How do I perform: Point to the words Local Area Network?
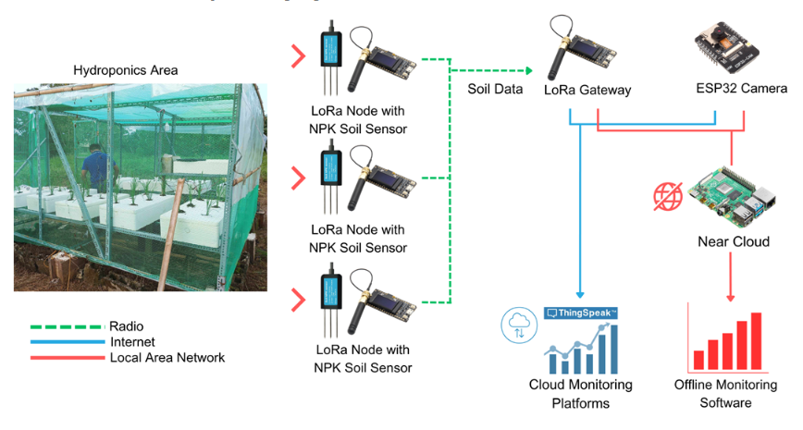coord(167,357)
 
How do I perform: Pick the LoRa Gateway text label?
coord(588,90)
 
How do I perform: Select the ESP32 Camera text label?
coord(741,90)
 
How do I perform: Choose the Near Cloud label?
coord(734,241)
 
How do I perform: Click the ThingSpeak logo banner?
coord(581,313)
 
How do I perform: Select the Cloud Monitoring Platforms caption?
coord(580,394)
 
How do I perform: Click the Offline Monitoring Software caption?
coord(725,394)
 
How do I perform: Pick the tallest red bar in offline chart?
coord(756,341)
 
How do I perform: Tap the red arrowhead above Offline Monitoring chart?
coord(732,296)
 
